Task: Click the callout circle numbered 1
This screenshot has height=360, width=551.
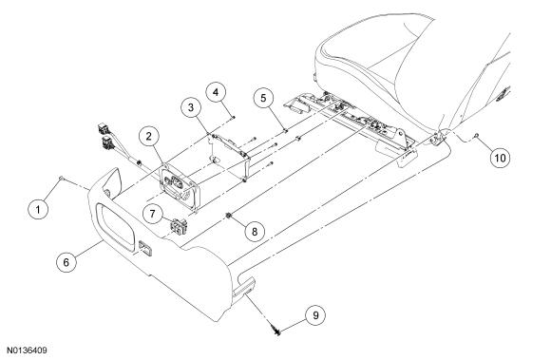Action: tap(38, 209)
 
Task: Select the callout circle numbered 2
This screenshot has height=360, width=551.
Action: tap(148, 136)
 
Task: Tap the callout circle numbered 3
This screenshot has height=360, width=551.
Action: tap(191, 107)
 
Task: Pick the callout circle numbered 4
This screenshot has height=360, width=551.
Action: tap(216, 92)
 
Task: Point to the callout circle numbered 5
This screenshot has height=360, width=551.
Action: tap(264, 98)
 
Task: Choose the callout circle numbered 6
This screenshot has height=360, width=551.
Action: tap(66, 262)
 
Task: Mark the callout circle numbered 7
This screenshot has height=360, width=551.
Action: tap(152, 214)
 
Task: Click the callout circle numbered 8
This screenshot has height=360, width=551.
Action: tap(255, 231)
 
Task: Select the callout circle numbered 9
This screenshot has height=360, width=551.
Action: tap(315, 315)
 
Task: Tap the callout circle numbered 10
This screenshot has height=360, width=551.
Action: tap(500, 158)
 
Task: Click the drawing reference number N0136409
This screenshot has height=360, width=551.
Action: tap(27, 351)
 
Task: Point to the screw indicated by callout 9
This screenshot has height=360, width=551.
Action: tap(276, 331)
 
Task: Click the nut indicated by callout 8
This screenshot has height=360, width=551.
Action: tap(229, 216)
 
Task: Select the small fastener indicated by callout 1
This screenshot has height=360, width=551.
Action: tap(61, 179)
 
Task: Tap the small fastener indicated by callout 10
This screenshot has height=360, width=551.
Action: tap(477, 136)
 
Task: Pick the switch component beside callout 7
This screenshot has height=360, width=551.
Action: tap(180, 226)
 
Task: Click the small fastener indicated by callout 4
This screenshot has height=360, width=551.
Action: tap(233, 117)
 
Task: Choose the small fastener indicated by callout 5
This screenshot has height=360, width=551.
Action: tap(286, 131)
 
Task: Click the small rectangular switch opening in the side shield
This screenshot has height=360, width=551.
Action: tap(145, 249)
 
